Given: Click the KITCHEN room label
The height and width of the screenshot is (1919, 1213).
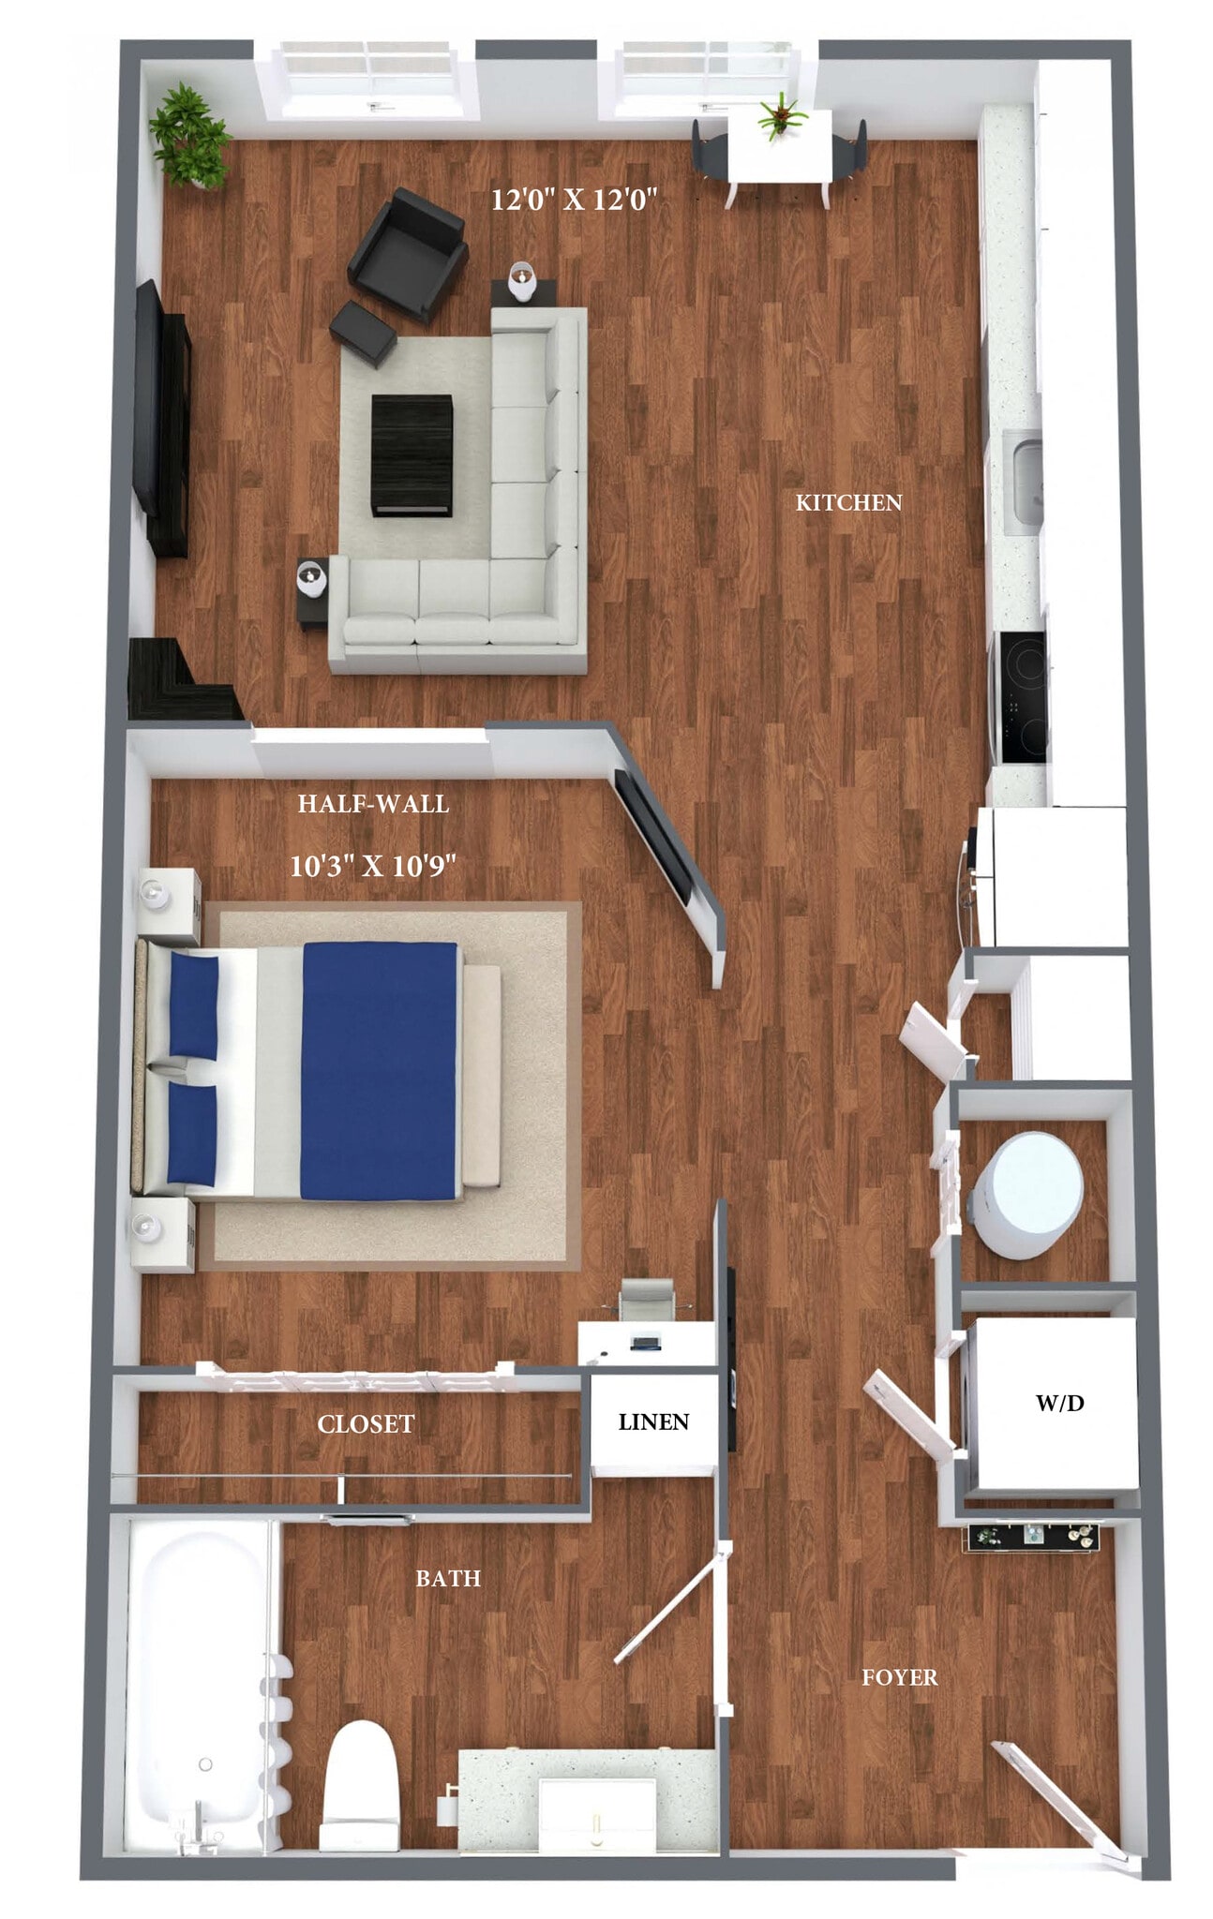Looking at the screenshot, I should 847,503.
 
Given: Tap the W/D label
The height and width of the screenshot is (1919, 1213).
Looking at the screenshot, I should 1059,1403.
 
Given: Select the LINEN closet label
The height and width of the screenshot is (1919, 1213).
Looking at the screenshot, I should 653,1421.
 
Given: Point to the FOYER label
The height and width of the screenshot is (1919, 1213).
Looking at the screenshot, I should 899,1677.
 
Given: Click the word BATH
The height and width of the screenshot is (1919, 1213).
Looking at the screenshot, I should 448,1579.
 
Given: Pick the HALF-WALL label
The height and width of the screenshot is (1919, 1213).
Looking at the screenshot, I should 373,804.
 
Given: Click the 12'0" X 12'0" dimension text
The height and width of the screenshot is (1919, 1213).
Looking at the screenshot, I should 574,200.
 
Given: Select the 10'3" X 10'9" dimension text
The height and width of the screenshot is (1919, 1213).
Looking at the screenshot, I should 372,866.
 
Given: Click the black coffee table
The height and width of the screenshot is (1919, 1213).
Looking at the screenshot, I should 412,454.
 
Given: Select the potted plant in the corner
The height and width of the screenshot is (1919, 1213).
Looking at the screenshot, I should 190,136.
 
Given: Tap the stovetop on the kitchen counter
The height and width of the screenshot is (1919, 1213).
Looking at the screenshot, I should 1022,697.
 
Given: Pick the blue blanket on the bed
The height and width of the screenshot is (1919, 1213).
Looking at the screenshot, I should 379,1071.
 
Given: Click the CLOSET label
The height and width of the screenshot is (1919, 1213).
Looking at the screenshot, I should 366,1424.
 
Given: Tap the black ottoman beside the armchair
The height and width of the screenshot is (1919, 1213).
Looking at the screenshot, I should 363,332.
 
